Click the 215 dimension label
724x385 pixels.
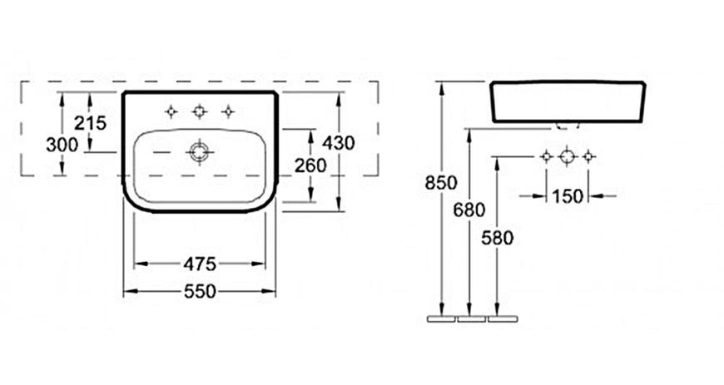[91, 123]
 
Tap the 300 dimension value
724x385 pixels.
[62, 145]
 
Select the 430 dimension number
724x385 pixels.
[339, 143]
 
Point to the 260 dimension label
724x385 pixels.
[310, 165]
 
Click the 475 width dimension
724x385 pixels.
[200, 264]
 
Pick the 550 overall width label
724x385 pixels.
[200, 291]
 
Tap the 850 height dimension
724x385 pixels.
[441, 183]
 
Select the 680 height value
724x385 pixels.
[469, 210]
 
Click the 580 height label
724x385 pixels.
[498, 238]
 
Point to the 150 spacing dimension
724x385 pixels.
[568, 196]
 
